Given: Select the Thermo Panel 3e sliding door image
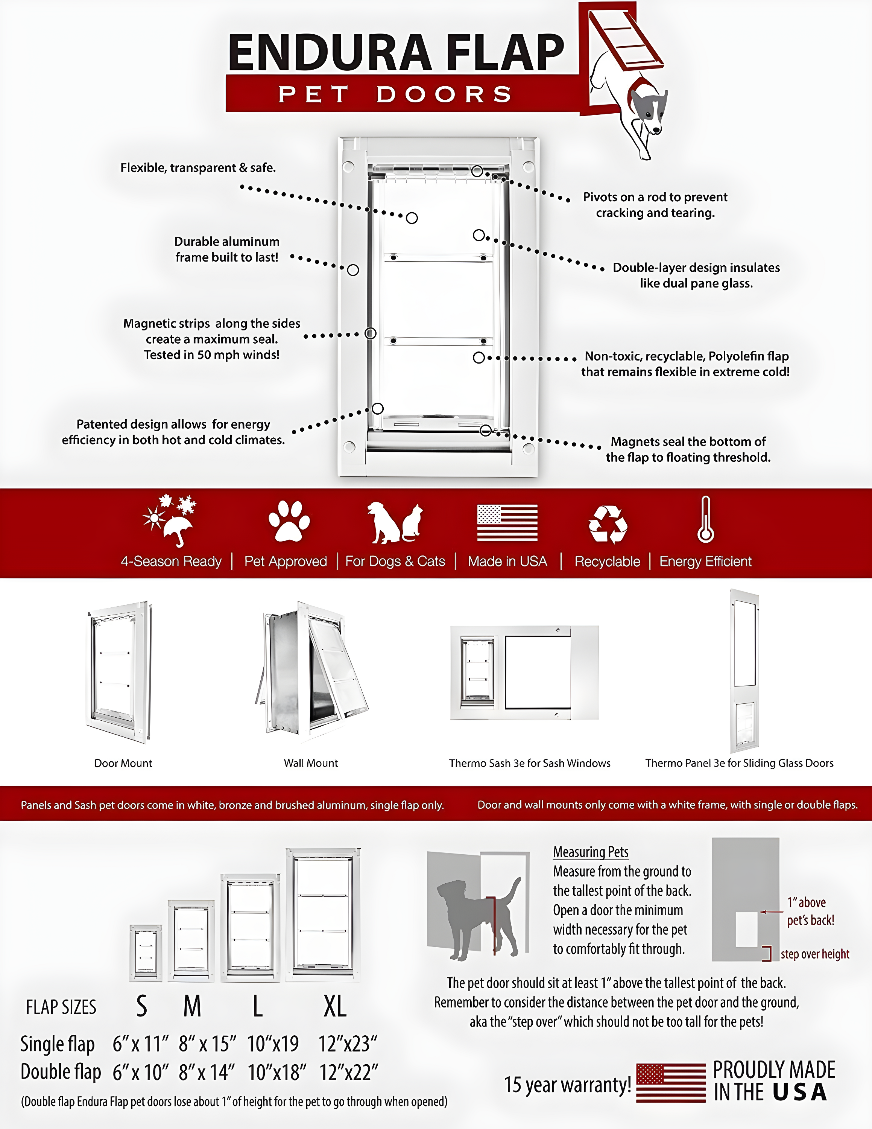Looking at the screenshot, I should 744,671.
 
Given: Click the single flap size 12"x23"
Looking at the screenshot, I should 347,1044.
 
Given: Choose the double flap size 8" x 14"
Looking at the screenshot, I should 207,1073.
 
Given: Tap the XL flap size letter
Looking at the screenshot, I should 335,1006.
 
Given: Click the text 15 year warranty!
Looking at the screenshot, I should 567,1085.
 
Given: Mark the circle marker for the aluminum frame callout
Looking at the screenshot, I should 353,270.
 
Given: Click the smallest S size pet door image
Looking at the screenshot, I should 146,953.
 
